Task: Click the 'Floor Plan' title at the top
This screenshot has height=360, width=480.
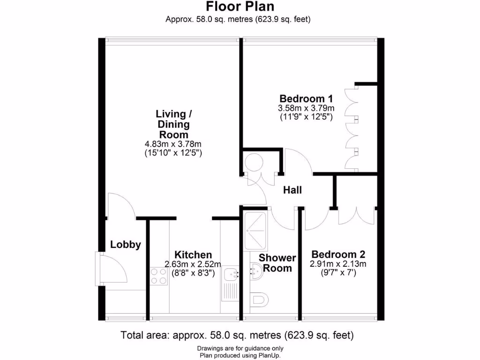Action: (240, 7)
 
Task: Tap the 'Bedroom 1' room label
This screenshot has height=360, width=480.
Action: (306, 98)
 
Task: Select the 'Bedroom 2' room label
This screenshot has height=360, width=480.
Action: (338, 255)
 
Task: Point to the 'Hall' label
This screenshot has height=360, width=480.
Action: (292, 190)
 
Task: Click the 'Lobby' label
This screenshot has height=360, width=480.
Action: (125, 245)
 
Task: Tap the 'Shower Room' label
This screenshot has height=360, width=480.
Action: (277, 263)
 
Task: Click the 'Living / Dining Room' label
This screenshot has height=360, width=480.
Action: (173, 124)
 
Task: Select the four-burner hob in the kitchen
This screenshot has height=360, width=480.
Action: (159, 276)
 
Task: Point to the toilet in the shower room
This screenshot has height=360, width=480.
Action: (258, 298)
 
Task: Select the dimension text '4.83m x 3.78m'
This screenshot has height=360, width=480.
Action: (173, 144)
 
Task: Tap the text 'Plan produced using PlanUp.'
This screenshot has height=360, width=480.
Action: (240, 355)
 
